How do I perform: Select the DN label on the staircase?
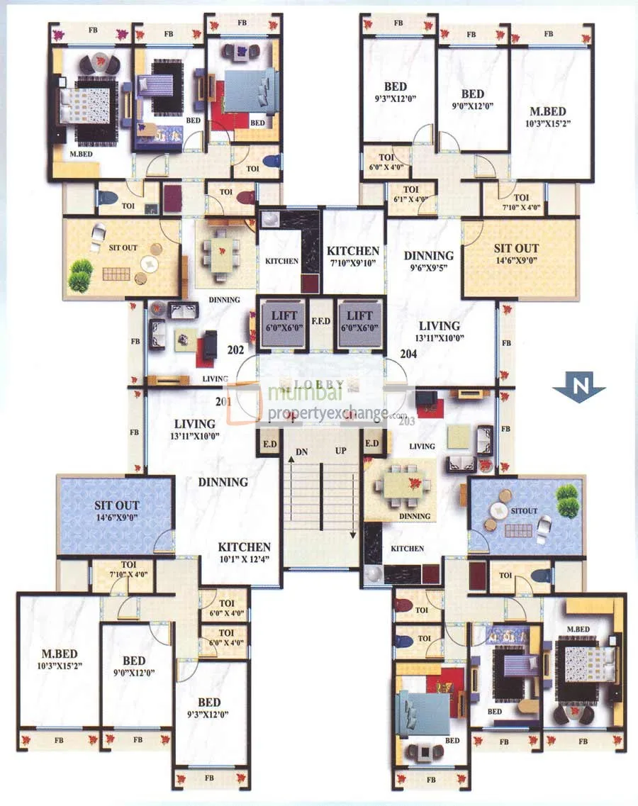pyautogui.click(x=302, y=451)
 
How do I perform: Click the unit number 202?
pyautogui.click(x=235, y=349)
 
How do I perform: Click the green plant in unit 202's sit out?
pyautogui.click(x=80, y=275)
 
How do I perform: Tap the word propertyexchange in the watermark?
pyautogui.click(x=327, y=413)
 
